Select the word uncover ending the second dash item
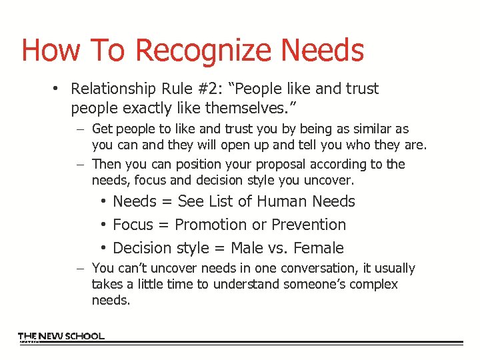point(331,180)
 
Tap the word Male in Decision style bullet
point(247,248)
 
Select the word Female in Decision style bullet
point(319,248)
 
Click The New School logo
point(61,337)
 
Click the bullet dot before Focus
point(105,225)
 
